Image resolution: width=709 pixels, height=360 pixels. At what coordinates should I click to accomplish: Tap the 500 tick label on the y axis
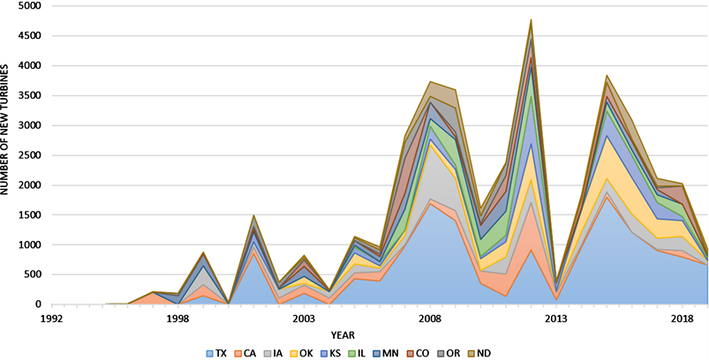coord(31,274)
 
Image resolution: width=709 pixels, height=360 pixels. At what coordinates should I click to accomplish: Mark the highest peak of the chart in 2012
coord(531,19)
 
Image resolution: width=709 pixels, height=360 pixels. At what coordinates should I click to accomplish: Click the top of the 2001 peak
coord(253,215)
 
